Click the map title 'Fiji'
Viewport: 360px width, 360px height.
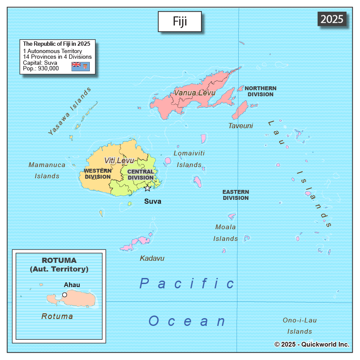point(180,22)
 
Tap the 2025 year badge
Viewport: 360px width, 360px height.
point(332,19)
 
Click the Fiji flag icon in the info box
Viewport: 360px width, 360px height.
point(80,66)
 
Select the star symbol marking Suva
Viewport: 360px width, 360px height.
point(147,188)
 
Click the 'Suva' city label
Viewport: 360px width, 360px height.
point(152,201)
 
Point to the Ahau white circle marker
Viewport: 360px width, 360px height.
point(64,294)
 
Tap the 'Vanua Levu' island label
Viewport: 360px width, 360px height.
point(194,93)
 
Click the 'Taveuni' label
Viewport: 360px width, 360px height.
point(240,126)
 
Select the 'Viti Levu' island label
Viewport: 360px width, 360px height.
point(119,161)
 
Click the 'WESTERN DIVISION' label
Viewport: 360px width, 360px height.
point(98,174)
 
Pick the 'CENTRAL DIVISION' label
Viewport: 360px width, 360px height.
point(141,174)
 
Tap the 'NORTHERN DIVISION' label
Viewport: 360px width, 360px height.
point(260,91)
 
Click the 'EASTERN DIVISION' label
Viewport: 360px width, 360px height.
point(235,195)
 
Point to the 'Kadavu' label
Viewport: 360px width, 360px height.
point(152,258)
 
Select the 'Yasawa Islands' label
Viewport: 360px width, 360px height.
point(70,111)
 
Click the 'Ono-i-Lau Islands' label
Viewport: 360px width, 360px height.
point(300,326)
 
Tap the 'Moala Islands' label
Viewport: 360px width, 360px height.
point(225,233)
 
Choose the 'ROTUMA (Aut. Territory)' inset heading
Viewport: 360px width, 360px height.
point(59,265)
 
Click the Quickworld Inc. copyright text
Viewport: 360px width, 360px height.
point(312,344)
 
